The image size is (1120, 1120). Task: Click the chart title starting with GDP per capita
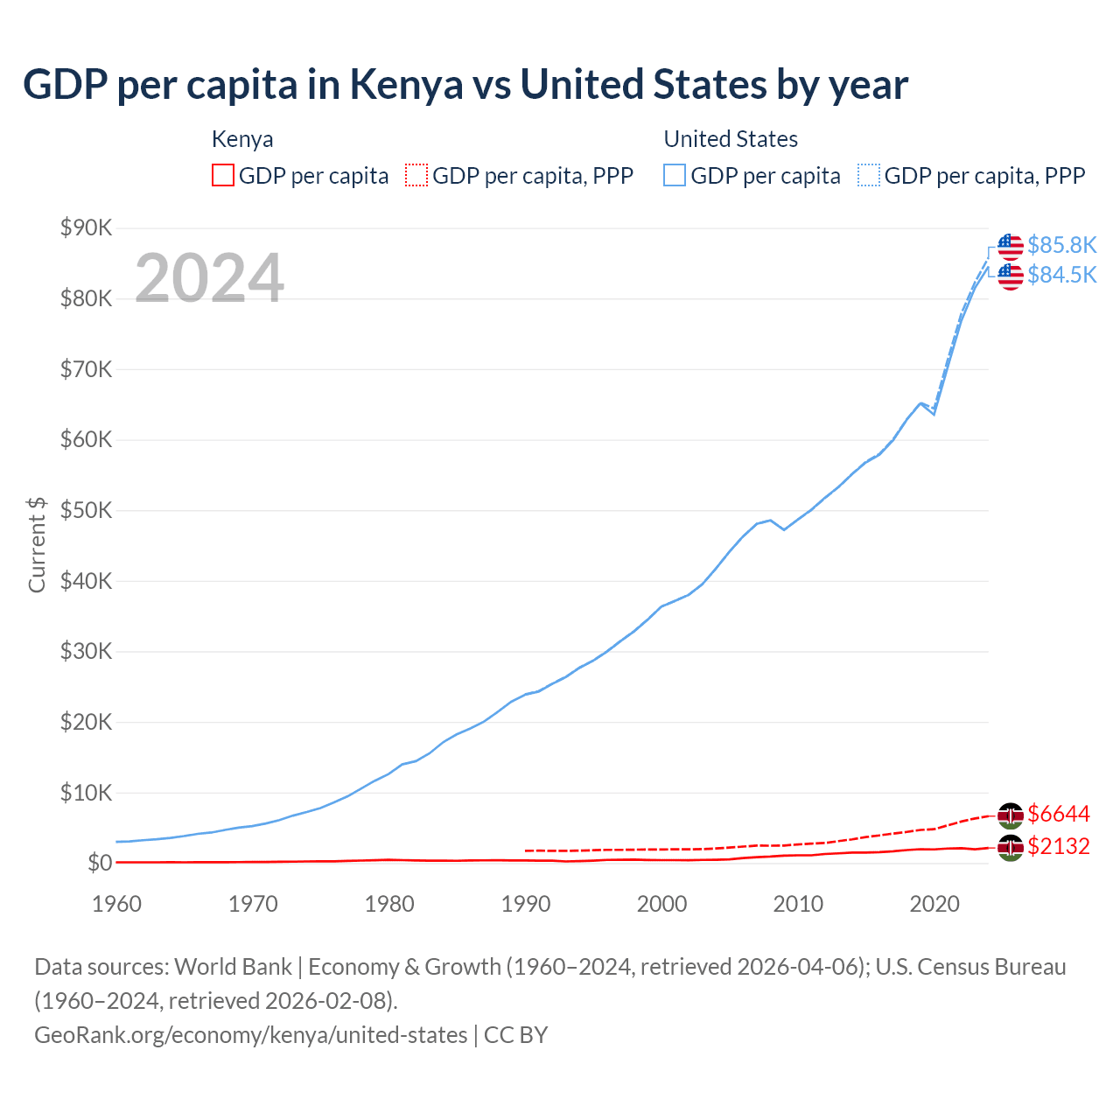(465, 85)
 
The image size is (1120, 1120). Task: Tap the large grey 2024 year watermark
(209, 278)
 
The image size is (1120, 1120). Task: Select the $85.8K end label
(1061, 245)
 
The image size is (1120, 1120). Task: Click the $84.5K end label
(1061, 275)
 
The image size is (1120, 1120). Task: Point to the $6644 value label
(1058, 815)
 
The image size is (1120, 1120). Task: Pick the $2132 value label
(1058, 846)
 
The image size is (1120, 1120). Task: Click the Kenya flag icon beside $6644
(1011, 815)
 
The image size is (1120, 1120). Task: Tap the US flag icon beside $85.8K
(1011, 246)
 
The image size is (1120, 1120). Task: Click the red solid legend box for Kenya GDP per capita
(223, 175)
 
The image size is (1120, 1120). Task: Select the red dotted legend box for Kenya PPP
(416, 175)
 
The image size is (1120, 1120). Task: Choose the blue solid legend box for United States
(675, 175)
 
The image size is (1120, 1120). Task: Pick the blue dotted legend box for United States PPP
(869, 175)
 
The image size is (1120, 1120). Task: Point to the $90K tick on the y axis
(86, 228)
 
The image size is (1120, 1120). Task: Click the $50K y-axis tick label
(86, 511)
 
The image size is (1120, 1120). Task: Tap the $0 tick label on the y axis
(100, 864)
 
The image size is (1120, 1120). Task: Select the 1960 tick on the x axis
(116, 904)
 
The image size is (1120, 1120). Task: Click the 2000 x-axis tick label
(661, 904)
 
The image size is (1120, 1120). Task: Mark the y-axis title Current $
(37, 544)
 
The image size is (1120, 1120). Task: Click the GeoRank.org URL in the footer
(250, 1035)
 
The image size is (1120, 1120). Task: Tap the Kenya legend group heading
(242, 139)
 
